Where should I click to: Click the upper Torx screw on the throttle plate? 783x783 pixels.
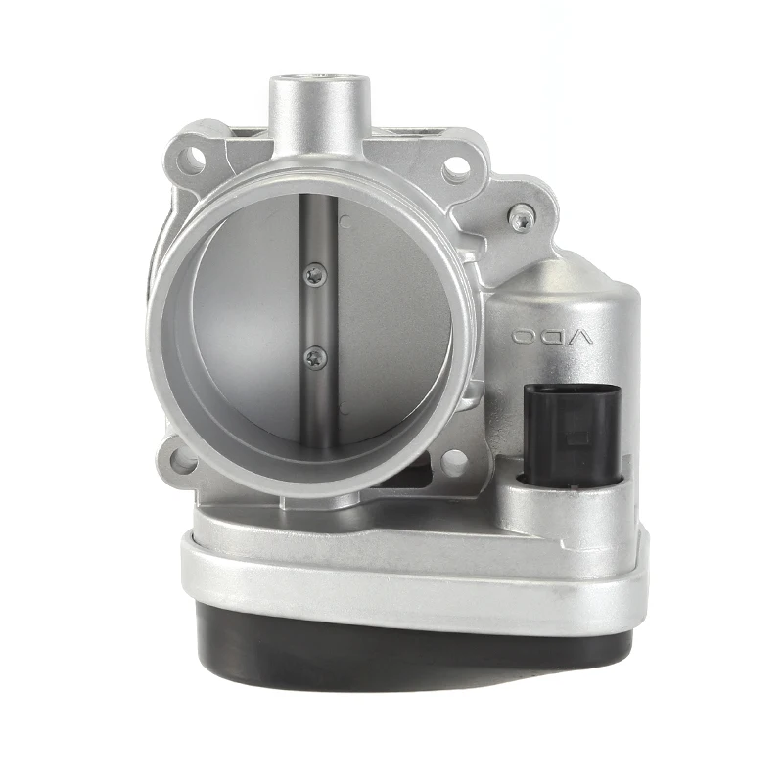[x=312, y=277]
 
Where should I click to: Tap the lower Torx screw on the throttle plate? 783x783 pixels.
[x=312, y=357]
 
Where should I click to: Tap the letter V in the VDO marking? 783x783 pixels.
[x=580, y=338]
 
